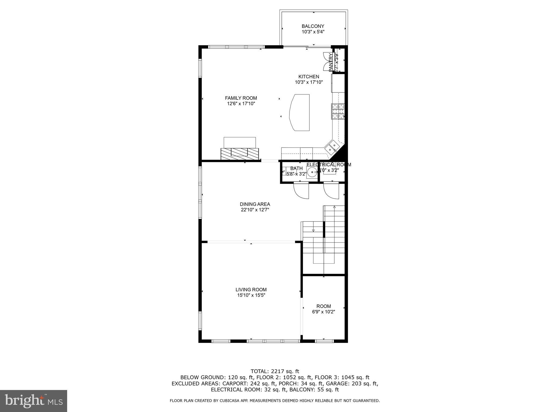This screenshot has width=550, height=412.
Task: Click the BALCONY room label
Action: click(x=313, y=26)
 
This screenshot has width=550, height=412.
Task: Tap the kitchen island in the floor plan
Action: click(x=300, y=112)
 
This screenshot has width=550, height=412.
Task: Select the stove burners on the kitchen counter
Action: click(x=338, y=111)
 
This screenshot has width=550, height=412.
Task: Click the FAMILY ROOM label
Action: click(x=241, y=98)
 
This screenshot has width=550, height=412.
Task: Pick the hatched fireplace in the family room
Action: click(x=240, y=154)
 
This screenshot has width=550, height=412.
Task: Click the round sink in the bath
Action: click(x=312, y=172)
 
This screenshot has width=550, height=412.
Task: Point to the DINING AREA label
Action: click(x=255, y=204)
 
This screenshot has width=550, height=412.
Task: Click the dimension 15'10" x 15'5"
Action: click(x=251, y=295)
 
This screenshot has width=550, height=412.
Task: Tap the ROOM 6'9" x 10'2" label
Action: click(x=324, y=309)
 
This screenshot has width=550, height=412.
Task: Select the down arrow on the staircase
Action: click(x=313, y=230)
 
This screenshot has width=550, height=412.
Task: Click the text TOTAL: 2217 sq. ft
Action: click(x=275, y=371)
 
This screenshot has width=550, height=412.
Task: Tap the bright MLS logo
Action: click(x=34, y=401)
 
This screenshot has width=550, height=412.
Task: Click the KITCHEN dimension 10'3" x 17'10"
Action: click(x=309, y=82)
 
